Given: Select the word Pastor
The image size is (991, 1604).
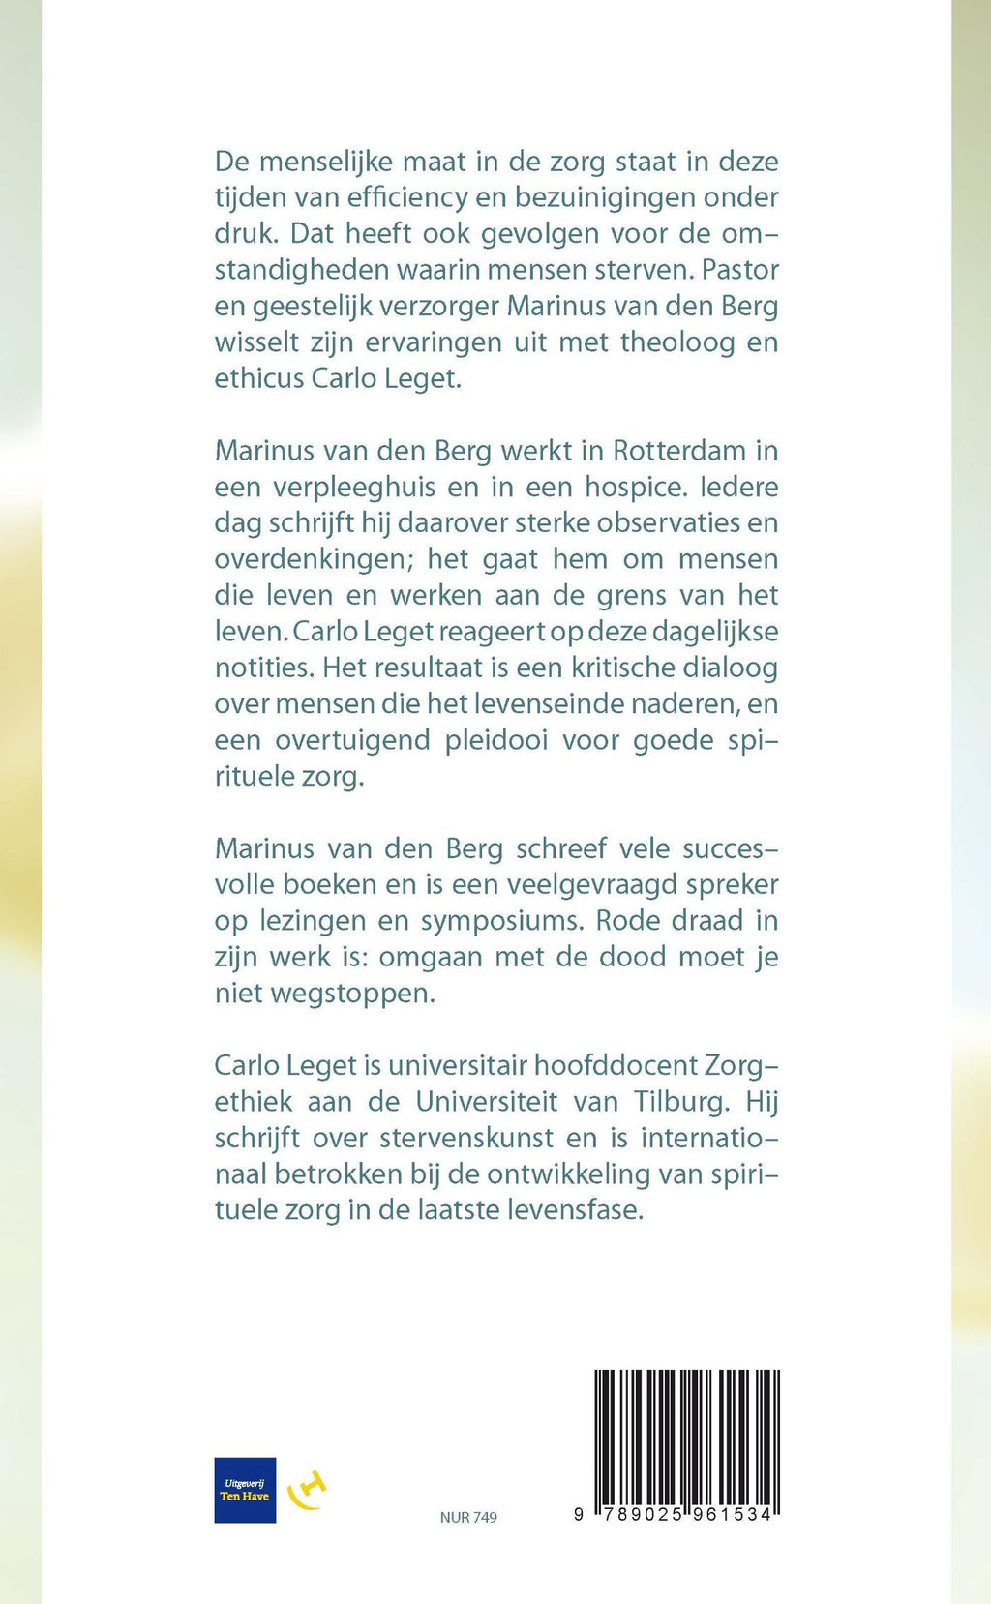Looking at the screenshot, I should (740, 269).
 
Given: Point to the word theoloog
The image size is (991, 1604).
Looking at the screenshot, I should (677, 342).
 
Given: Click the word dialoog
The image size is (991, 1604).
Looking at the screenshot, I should (730, 668).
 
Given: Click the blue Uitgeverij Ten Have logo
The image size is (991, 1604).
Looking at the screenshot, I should (245, 1490).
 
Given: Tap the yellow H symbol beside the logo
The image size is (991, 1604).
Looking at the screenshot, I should (308, 1490).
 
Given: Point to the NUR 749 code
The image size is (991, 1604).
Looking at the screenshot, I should (468, 1517).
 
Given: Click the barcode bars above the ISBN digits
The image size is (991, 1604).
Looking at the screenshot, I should (686, 1436).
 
